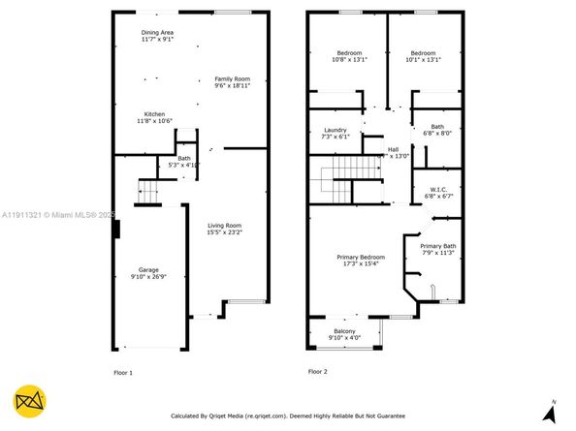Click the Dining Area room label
[x=156, y=33]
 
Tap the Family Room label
[x=232, y=78]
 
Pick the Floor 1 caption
[x=123, y=372]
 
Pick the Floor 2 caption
[x=318, y=372]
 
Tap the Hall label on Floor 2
[x=393, y=149]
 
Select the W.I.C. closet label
[x=438, y=189]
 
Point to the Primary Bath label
[x=438, y=246]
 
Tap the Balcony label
[x=344, y=330]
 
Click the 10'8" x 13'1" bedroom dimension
[x=349, y=60]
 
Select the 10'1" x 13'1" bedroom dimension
[x=424, y=60]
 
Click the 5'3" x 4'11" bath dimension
[x=184, y=165]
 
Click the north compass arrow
[x=552, y=411]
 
